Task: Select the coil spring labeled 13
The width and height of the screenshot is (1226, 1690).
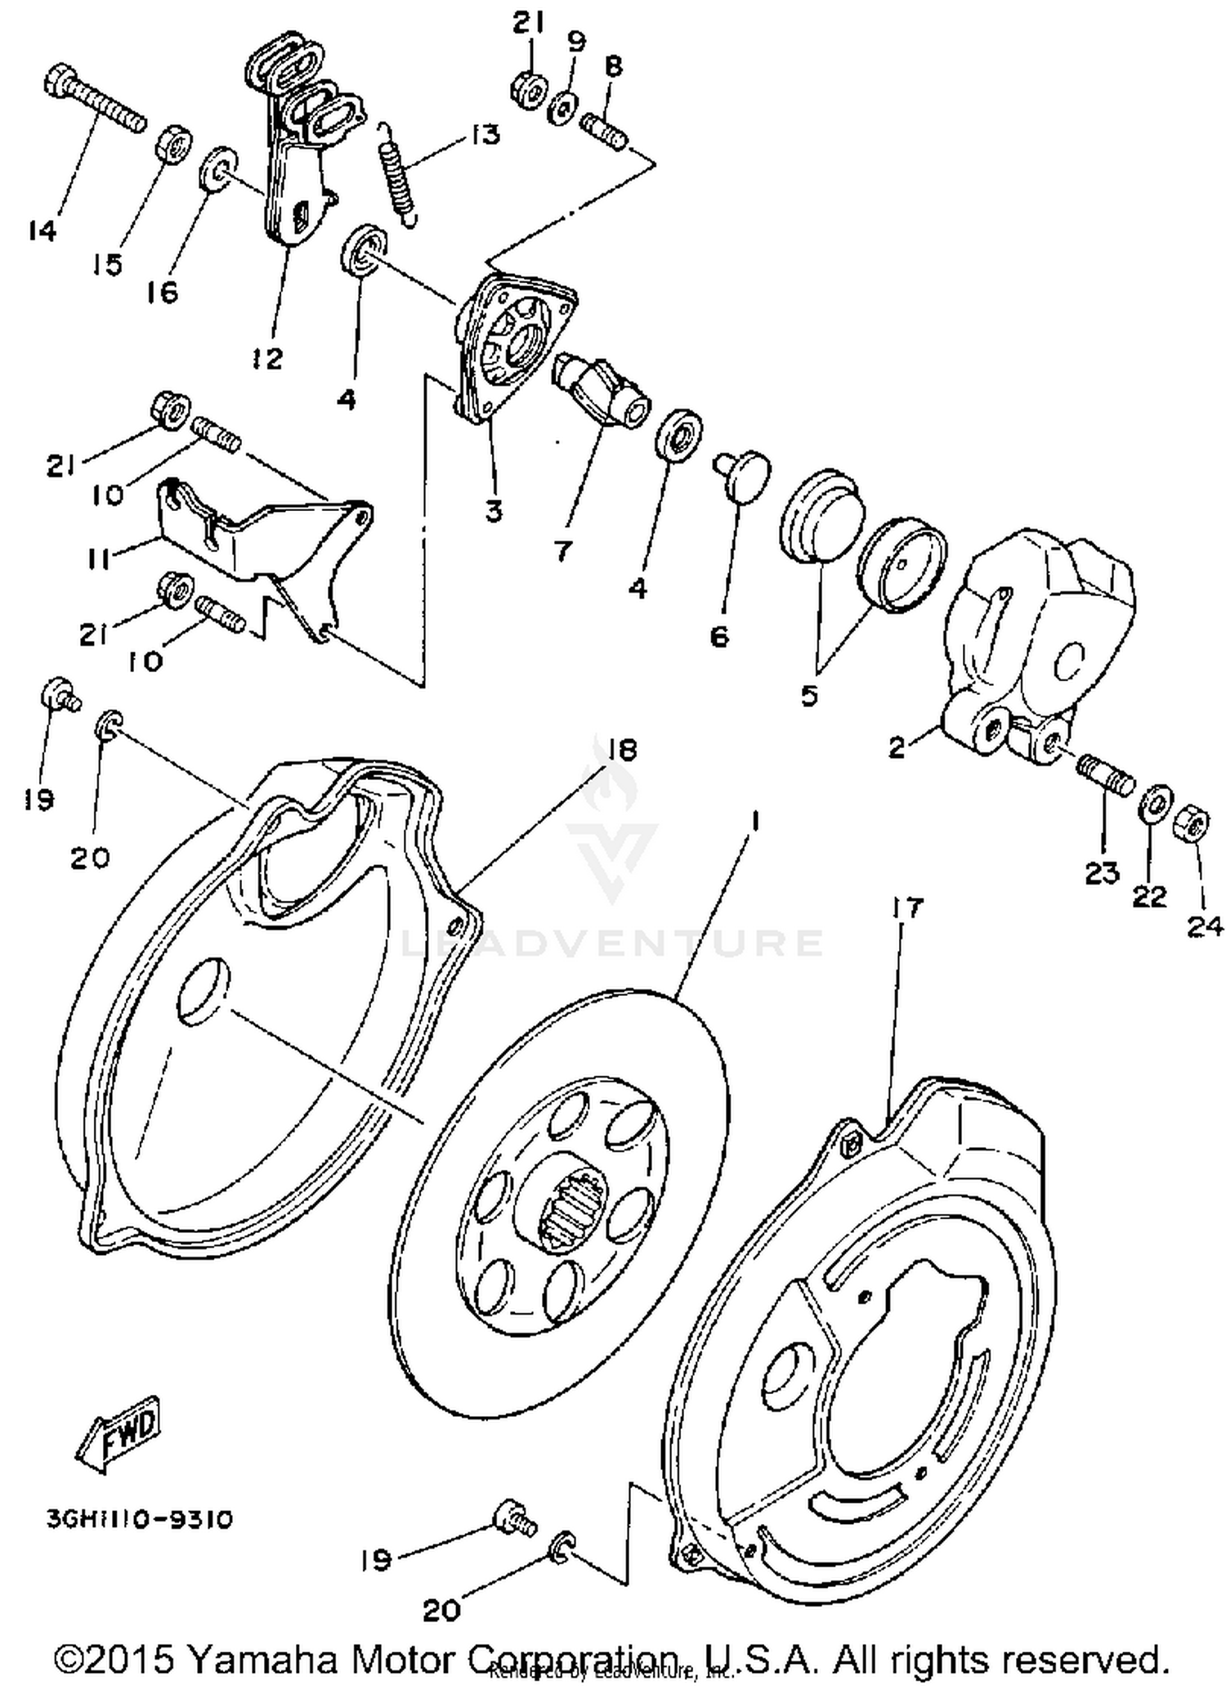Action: click(x=398, y=173)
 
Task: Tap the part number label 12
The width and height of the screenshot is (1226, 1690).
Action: click(x=267, y=357)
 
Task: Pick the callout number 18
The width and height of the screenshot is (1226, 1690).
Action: click(x=623, y=750)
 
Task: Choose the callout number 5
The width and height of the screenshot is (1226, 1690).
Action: click(x=808, y=695)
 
